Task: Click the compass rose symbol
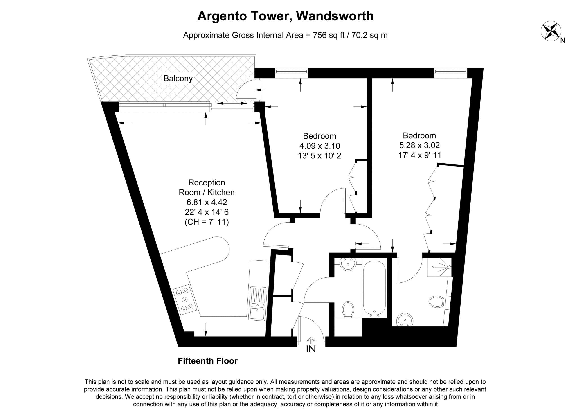[551, 31]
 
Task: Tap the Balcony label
[178, 78]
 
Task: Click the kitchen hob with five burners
[185, 300]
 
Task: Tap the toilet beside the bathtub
[348, 310]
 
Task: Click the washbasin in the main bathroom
[348, 264]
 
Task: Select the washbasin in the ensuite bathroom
[405, 320]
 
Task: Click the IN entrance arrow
[311, 340]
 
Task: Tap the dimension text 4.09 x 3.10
[319, 146]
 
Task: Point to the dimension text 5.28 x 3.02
[419, 145]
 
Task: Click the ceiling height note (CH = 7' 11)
[207, 222]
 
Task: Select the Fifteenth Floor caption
[208, 361]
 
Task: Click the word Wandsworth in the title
[335, 16]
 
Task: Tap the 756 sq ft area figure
[328, 35]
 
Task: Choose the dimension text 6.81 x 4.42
[207, 202]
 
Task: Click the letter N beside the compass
[563, 41]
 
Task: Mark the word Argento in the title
[222, 16]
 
